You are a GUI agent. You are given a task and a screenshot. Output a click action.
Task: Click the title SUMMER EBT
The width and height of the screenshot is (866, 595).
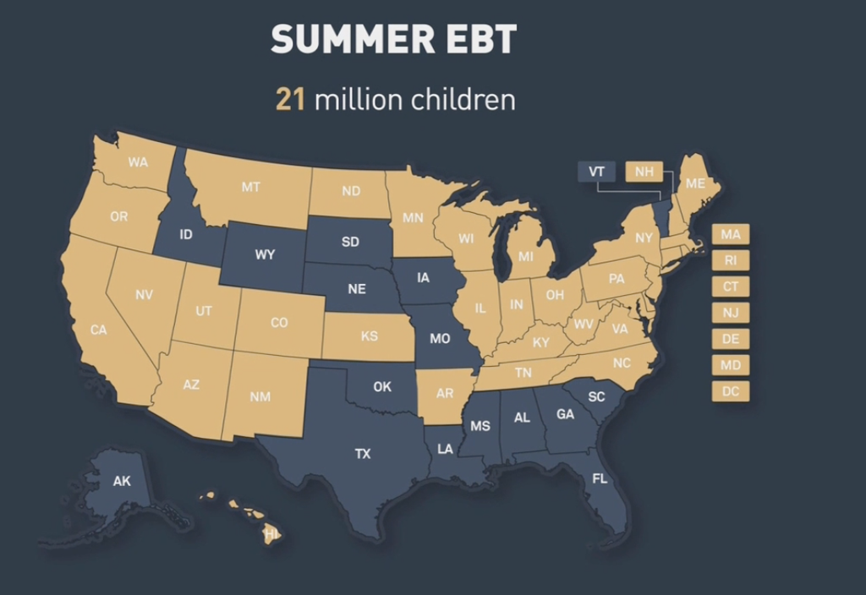coord(395,40)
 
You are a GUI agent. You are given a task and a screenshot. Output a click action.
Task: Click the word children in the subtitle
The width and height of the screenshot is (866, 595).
coord(463,100)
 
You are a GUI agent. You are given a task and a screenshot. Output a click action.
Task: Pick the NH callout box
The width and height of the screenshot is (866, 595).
coord(644,172)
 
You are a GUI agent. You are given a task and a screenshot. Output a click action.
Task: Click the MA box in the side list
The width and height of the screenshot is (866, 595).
coord(731,234)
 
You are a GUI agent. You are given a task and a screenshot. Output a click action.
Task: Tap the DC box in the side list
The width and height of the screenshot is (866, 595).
coord(731,391)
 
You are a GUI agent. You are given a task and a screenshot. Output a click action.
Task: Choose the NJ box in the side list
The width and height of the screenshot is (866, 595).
coord(731,313)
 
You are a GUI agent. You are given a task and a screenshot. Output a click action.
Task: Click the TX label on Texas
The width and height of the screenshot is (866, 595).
coord(362,454)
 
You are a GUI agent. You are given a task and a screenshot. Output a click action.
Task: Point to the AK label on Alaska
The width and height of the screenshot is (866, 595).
coord(122,481)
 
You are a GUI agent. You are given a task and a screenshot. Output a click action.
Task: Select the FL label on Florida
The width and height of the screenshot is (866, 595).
coord(600,479)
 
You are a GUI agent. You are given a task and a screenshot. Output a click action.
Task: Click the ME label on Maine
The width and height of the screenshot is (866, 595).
coord(695,183)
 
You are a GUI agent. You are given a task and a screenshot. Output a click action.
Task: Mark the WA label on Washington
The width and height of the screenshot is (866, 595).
coord(138,161)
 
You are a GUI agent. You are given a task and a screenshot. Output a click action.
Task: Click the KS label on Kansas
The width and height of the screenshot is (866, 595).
coord(370,336)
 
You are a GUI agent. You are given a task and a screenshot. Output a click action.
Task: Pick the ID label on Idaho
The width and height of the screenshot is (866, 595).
coord(186,232)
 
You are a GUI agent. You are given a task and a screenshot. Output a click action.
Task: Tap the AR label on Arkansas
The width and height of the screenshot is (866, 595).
coord(445,394)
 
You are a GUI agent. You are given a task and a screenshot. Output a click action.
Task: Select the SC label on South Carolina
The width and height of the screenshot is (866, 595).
coord(597,396)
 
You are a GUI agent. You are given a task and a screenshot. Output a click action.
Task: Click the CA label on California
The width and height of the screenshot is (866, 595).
coord(99,330)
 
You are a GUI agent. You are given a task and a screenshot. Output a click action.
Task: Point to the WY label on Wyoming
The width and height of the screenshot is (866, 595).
coord(265,254)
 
